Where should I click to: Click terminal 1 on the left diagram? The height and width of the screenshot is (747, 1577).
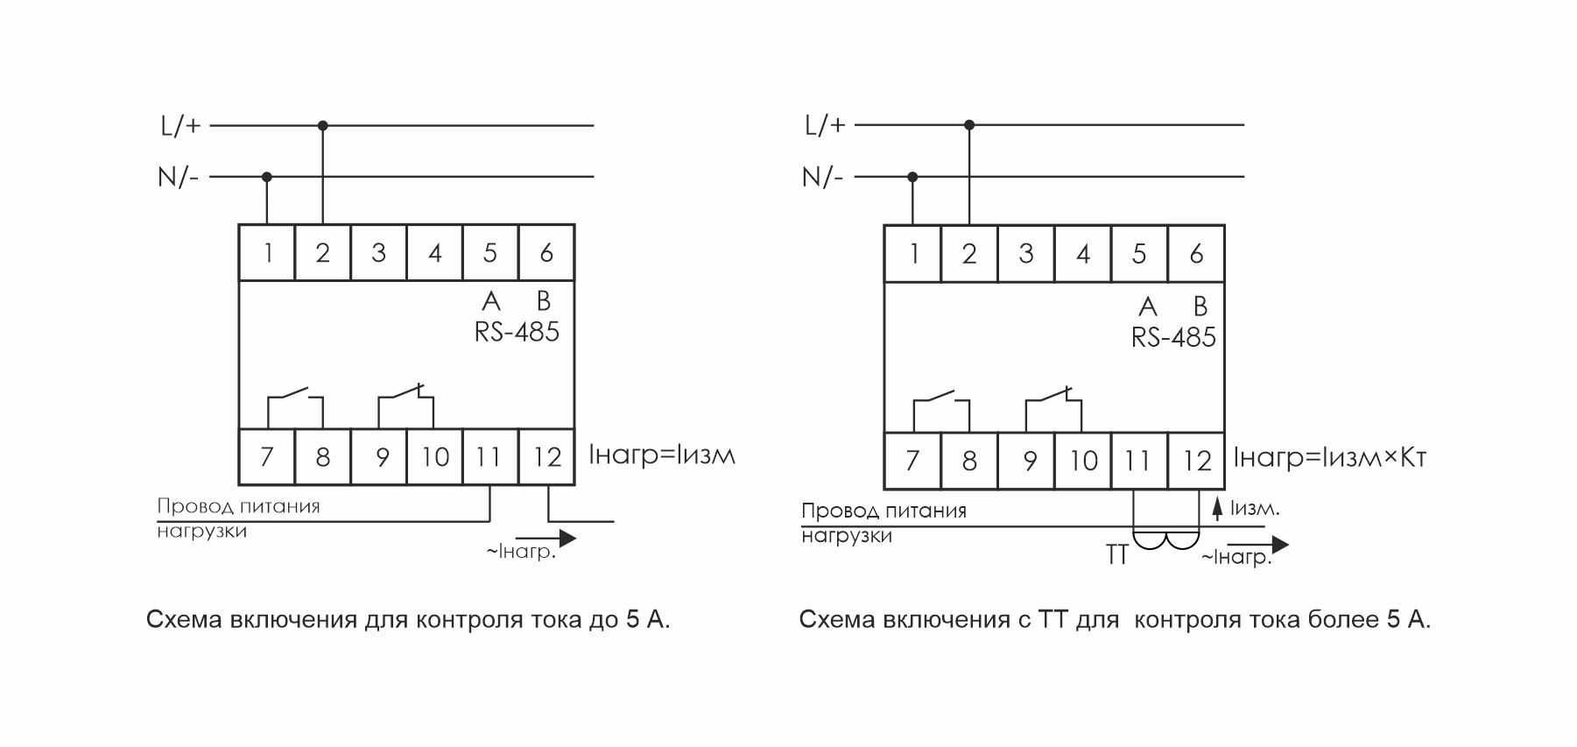[267, 253]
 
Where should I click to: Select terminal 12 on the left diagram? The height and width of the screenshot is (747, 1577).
[547, 457]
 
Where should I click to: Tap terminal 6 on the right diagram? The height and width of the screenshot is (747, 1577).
[1196, 254]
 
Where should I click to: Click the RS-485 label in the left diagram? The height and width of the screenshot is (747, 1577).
[517, 333]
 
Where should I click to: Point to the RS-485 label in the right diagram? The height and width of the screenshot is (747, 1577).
[1173, 338]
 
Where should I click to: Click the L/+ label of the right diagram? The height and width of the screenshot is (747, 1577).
[825, 125]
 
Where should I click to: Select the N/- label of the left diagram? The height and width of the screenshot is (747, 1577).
[179, 178]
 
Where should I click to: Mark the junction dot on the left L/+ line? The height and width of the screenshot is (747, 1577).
[323, 126]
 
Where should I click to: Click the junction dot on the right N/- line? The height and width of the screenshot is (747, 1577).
[912, 177]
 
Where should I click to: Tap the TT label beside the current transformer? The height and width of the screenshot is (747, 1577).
[1116, 555]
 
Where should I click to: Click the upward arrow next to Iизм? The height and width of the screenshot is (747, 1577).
[1216, 510]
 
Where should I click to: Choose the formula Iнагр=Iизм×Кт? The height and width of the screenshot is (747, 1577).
[1330, 458]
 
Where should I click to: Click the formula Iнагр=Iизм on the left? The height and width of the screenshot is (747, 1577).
[662, 455]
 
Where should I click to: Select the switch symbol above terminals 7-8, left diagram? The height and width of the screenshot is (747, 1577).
[295, 399]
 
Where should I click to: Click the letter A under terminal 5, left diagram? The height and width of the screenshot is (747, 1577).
[491, 301]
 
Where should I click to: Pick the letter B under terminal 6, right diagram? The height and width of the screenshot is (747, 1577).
[1200, 307]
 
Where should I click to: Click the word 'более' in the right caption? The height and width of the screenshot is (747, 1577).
[1343, 620]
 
